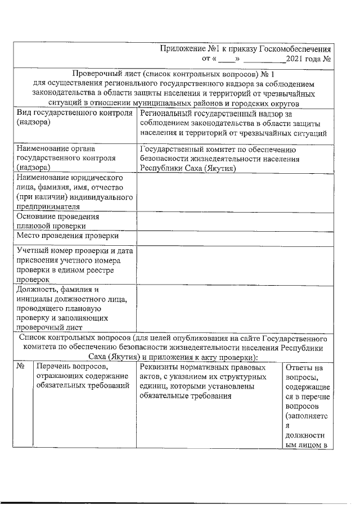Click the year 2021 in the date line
(x=296, y=58)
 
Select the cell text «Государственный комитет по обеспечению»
(x=221, y=150)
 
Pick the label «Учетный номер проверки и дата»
(x=75, y=251)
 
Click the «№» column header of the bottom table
(x=21, y=367)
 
